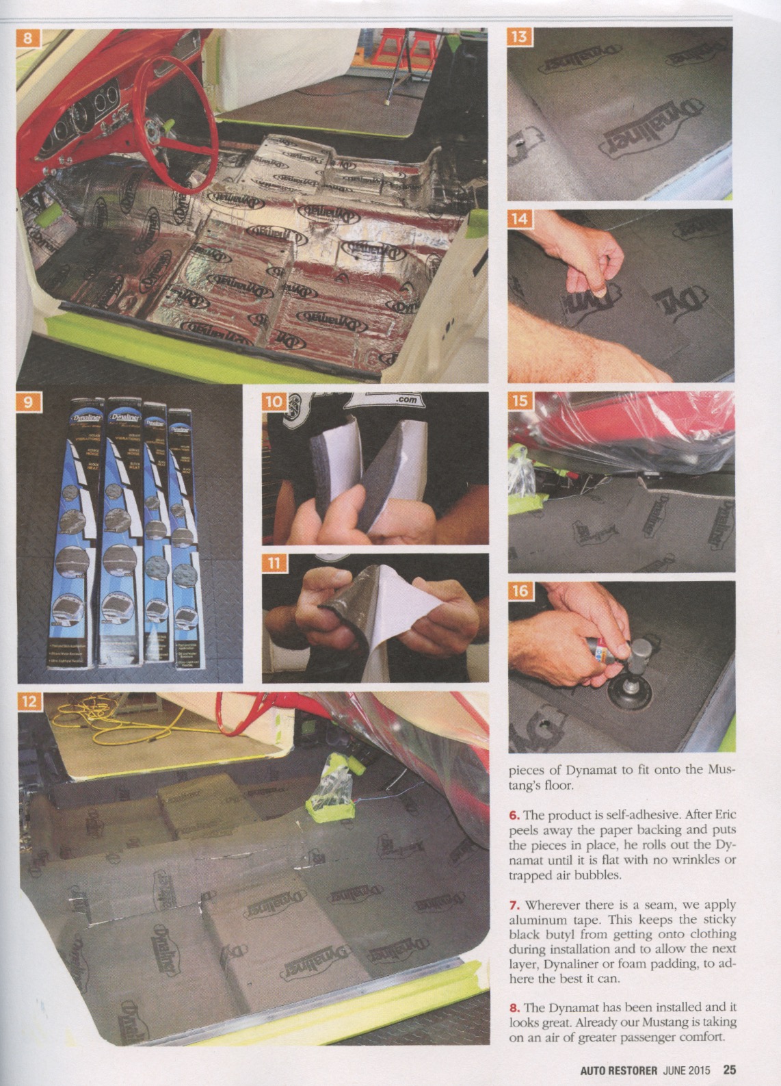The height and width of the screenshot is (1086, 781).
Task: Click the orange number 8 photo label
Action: pos(27,38)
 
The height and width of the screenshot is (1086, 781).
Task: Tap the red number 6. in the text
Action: pos(514,816)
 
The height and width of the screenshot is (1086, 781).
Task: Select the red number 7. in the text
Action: pos(514,905)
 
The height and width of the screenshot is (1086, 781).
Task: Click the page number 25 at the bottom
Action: pos(729,1069)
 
